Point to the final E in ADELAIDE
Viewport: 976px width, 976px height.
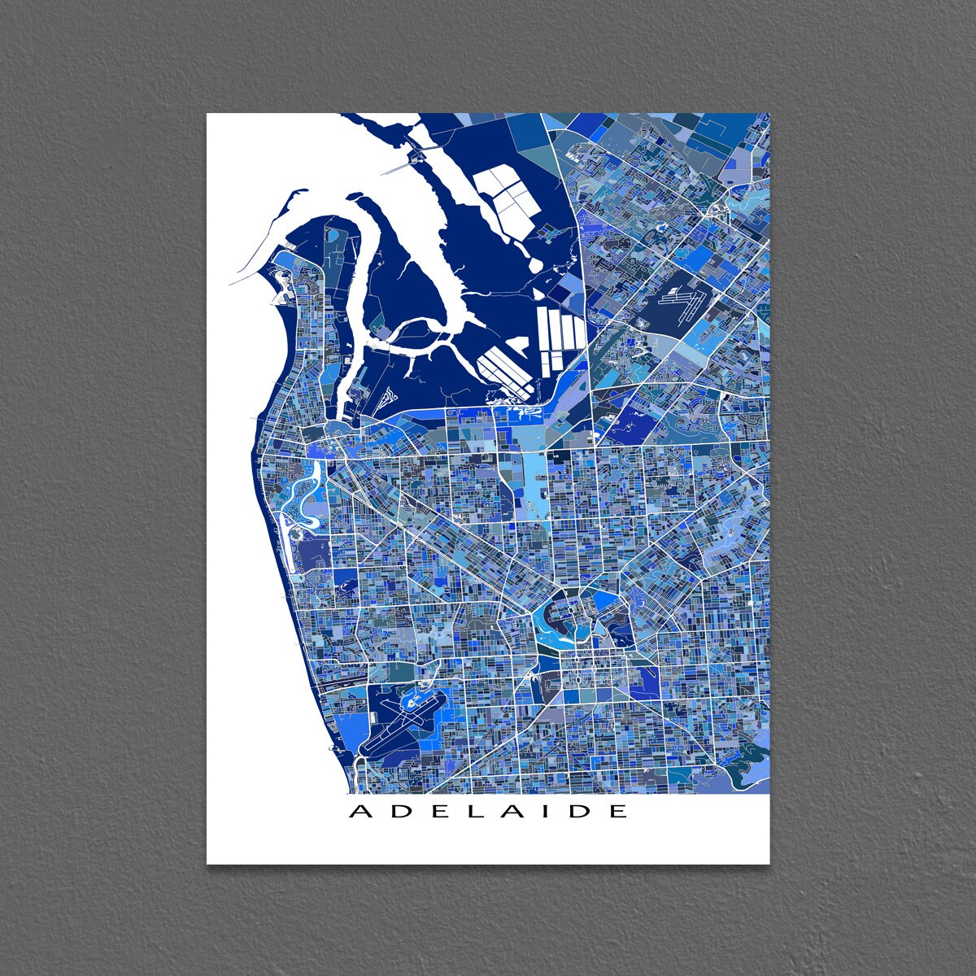(x=619, y=811)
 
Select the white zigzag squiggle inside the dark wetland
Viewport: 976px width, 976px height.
(x=389, y=399)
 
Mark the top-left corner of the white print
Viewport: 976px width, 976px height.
(x=207, y=114)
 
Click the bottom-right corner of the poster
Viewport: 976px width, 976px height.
(x=769, y=863)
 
